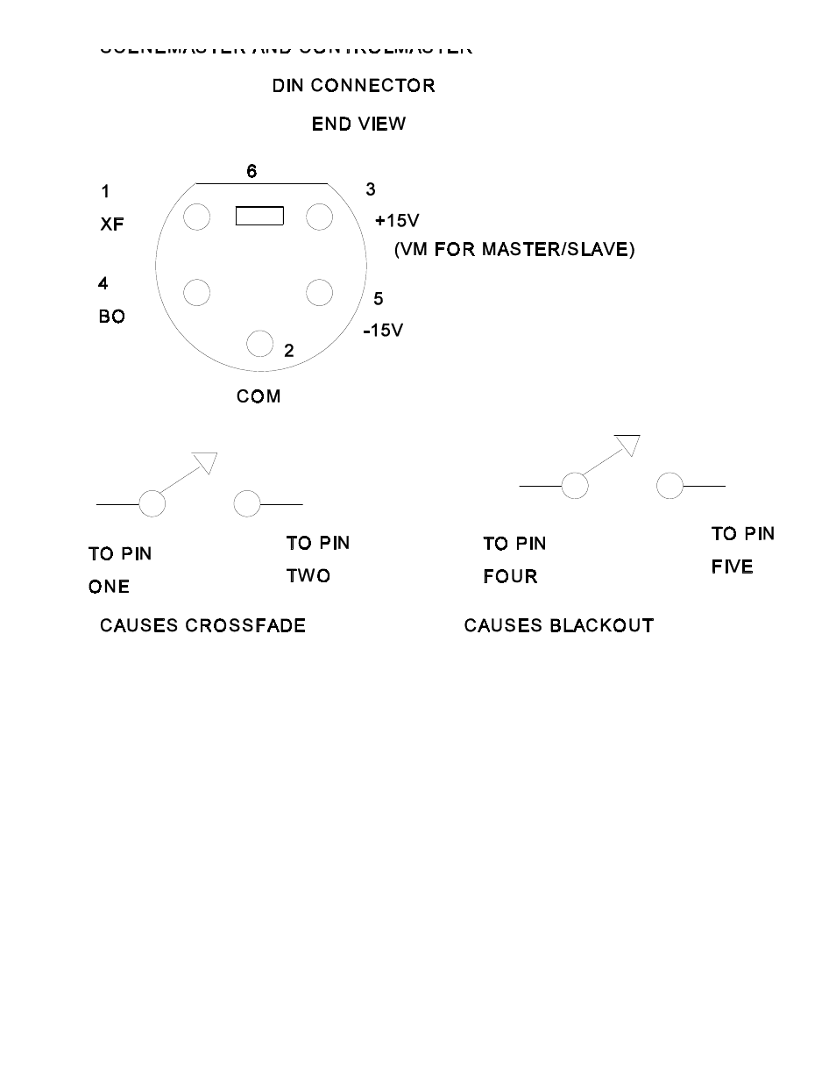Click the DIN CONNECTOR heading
tap(353, 86)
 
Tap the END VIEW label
tap(358, 124)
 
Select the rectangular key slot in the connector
tap(259, 215)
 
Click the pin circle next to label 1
tap(197, 217)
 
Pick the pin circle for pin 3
tap(319, 217)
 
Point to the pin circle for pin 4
tap(197, 293)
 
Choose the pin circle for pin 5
tap(319, 293)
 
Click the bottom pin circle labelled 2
tap(259, 344)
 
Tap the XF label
tap(112, 224)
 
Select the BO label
tap(112, 317)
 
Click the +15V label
tap(397, 221)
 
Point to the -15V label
tap(384, 331)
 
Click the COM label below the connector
tap(259, 396)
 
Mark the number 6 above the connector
tap(252, 171)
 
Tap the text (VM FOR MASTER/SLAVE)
tap(514, 250)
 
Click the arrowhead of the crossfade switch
tap(205, 461)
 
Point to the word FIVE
tap(732, 567)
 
